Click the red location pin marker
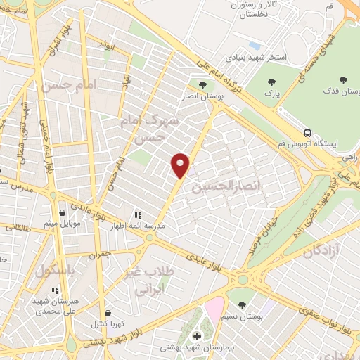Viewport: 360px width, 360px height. pos(181,165)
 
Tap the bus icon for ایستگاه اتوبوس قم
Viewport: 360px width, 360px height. pos(307,131)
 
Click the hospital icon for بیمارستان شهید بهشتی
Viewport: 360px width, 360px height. pos(197,336)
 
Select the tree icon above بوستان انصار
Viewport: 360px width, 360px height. pos(202,85)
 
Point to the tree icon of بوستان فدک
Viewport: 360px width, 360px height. pos(344,80)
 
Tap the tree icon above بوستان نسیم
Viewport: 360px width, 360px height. pos(243,305)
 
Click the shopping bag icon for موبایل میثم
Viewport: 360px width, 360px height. pos(63,212)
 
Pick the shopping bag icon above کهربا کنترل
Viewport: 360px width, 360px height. pos(108,313)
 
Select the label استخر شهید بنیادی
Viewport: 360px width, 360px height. pos(256,57)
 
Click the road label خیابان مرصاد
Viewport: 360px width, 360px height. pos(259,235)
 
